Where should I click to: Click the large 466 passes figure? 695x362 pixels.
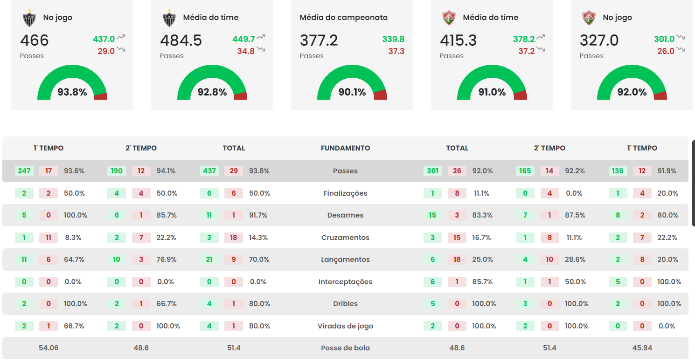(35, 41)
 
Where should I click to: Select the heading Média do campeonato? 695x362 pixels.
(343, 18)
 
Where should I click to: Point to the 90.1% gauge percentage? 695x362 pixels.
(352, 92)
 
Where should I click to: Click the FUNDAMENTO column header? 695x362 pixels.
(345, 148)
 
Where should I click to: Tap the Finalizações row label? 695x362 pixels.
(345, 193)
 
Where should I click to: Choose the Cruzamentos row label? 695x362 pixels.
(345, 238)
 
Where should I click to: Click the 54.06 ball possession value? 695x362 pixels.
(49, 348)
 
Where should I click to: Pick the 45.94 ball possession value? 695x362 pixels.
(642, 348)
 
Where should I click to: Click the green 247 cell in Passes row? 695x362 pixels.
(24, 171)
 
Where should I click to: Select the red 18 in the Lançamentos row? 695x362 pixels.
(457, 260)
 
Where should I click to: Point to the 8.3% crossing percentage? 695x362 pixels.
(73, 238)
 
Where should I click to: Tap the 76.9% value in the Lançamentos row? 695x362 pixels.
(167, 260)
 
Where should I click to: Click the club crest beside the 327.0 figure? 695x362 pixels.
(589, 18)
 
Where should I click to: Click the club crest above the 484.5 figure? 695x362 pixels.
(169, 18)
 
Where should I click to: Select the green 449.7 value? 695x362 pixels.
(243, 39)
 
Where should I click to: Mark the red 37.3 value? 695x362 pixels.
(396, 51)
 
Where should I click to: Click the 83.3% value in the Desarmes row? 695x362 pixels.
(482, 215)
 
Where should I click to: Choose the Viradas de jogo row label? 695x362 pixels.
(345, 326)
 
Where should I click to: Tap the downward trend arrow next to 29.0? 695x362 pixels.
(121, 49)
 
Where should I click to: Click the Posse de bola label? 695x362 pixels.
(345, 348)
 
